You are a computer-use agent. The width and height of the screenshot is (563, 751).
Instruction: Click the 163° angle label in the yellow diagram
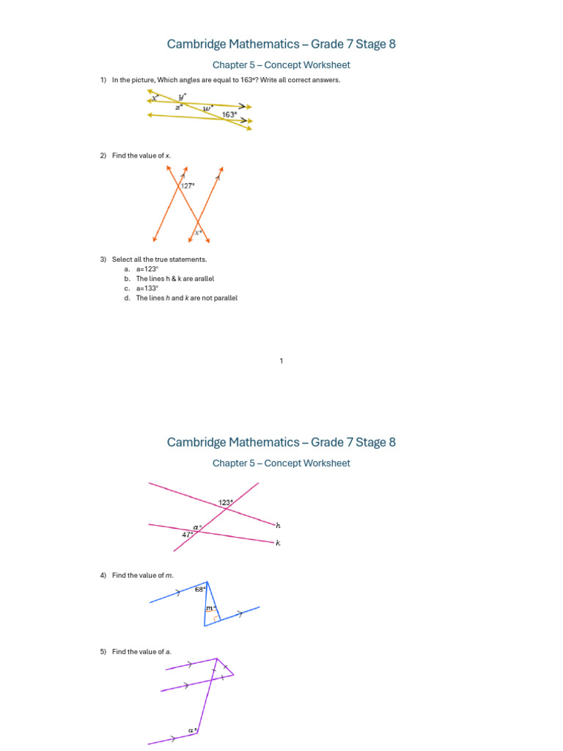(229, 114)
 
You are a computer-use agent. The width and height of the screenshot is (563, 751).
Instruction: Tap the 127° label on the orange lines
(188, 186)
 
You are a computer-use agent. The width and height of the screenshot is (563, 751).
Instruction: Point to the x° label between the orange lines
(197, 232)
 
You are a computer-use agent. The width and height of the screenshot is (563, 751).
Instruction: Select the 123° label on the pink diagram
(225, 502)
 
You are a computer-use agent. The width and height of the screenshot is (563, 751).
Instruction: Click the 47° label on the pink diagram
(188, 535)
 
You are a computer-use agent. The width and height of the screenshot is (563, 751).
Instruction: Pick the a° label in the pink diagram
(196, 527)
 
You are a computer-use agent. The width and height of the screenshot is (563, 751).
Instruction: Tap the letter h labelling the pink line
(278, 525)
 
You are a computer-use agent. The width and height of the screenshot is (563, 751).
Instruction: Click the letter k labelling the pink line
(278, 543)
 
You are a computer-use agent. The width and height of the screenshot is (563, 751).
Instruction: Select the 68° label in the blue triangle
(200, 589)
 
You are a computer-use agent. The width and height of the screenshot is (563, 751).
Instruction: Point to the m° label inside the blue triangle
(210, 608)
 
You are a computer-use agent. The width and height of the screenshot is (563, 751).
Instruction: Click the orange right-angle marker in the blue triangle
(215, 619)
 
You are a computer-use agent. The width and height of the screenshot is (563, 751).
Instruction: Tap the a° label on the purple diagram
(192, 730)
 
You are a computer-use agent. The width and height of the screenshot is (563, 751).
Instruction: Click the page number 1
(281, 360)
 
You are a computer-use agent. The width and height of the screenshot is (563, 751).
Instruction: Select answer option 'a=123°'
(147, 269)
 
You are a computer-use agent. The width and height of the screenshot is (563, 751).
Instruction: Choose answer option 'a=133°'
(147, 288)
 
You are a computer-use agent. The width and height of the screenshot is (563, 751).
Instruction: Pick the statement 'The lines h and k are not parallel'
(187, 298)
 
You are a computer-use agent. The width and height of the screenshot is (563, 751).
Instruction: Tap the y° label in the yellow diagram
(182, 96)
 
